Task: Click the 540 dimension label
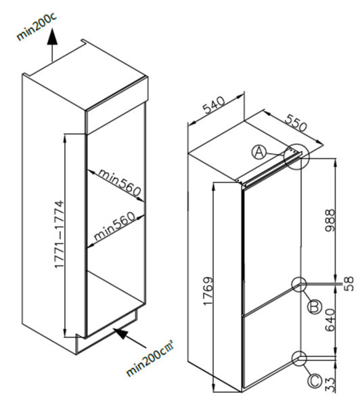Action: (215, 105)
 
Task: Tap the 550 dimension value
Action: (296, 123)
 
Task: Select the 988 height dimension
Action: (330, 220)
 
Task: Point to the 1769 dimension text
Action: (208, 291)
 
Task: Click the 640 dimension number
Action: (330, 320)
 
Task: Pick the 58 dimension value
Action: (348, 283)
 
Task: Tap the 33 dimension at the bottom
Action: (330, 385)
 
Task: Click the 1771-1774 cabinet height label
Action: (59, 234)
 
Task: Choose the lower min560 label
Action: (114, 227)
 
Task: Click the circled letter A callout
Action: (259, 152)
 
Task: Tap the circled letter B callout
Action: (315, 307)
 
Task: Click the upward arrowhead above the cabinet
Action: (52, 37)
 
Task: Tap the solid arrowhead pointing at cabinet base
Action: (120, 333)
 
